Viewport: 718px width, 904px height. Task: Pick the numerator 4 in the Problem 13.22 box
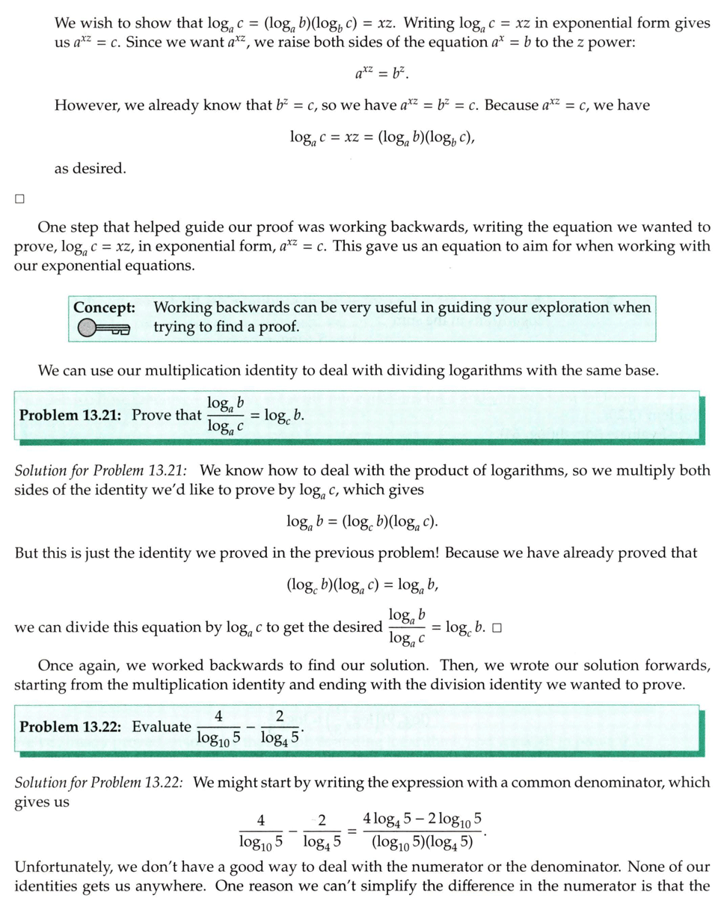[218, 716]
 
